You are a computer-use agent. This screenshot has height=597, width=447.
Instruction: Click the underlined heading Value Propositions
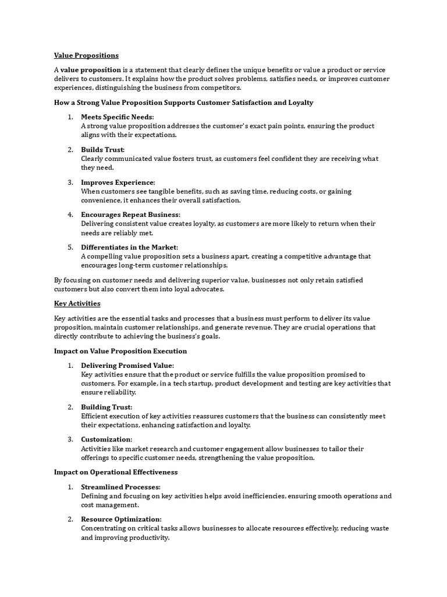point(86,55)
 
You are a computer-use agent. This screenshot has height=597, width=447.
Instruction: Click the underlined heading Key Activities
point(77,304)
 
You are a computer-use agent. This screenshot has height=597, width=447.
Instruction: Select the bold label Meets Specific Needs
point(117,117)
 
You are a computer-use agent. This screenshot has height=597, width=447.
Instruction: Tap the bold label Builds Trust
point(102,150)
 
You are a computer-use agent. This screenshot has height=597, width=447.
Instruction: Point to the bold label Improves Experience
point(118,182)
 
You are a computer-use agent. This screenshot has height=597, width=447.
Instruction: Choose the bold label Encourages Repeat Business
point(130,215)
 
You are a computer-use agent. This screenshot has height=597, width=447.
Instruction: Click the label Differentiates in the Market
point(129,247)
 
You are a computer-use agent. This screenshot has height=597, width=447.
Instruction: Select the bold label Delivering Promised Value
point(127,366)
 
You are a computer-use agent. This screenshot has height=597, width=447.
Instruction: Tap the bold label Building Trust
point(107,407)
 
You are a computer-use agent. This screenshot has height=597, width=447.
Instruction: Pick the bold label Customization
point(107,439)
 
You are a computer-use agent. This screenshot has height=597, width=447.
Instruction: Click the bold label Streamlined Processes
point(120,487)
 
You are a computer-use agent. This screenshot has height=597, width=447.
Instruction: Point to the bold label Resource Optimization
point(121,519)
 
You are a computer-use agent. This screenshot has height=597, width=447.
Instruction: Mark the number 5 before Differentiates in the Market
point(70,247)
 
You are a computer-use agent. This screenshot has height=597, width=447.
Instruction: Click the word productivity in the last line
point(148,538)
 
